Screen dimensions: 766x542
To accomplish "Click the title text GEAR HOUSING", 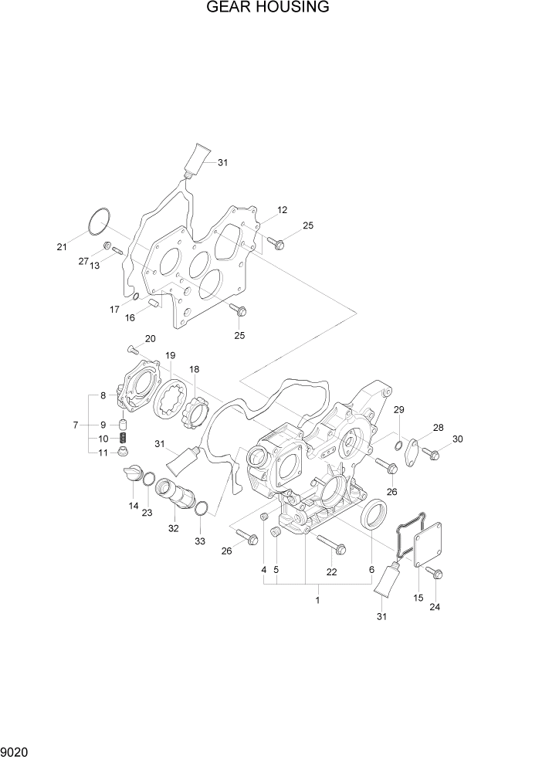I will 268,8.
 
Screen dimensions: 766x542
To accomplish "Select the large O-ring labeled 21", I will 98,221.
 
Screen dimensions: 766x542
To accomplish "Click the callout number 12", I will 282,210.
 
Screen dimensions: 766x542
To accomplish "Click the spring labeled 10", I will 121,439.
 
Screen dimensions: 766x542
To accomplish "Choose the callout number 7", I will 76,425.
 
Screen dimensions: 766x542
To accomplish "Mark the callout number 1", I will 318,599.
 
